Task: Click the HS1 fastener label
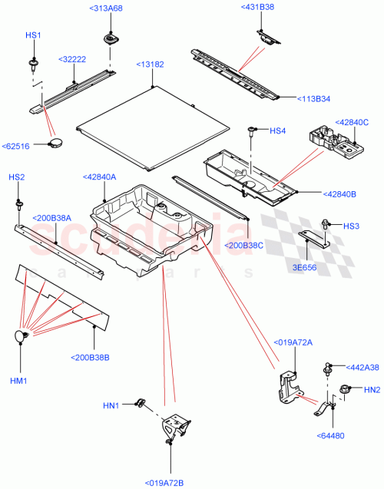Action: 34,36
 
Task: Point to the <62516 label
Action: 17,145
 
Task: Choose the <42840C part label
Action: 350,122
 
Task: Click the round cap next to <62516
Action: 55,143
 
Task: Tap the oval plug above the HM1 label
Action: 20,336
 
